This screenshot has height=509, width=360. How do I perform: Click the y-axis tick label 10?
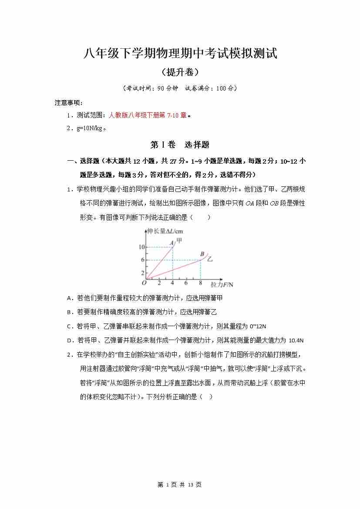pyautogui.click(x=141, y=247)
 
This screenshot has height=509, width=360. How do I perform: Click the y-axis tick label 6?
pyautogui.click(x=142, y=260)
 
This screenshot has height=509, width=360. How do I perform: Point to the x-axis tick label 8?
pyautogui.click(x=200, y=283)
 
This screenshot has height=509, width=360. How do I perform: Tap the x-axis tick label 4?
pyautogui.click(x=172, y=283)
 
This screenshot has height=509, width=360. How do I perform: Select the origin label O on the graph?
pyautogui.click(x=144, y=283)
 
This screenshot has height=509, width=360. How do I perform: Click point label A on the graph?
pyautogui.click(x=172, y=243)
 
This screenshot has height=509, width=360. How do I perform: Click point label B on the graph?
pyautogui.click(x=202, y=254)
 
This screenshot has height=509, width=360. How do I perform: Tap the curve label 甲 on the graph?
pyautogui.click(x=178, y=240)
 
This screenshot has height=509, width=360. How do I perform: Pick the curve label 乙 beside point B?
pyautogui.click(x=210, y=259)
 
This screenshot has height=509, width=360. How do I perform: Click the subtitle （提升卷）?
pyautogui.click(x=180, y=72)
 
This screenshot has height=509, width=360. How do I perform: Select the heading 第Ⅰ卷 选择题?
pyautogui.click(x=180, y=145)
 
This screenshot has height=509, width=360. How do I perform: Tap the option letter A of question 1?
pyautogui.click(x=70, y=298)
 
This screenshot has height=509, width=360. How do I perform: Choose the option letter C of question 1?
pyautogui.click(x=70, y=326)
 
